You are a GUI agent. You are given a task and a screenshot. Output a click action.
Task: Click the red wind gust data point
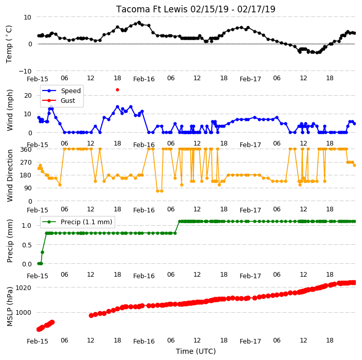pos(118,90)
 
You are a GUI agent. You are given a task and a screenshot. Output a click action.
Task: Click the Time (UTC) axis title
pos(196,351)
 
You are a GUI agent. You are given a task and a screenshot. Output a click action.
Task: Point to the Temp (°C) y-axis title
pos(9,44)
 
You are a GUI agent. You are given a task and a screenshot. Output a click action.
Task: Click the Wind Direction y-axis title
pos(10,176)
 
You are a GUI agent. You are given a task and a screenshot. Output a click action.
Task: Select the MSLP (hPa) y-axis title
pos(10,307)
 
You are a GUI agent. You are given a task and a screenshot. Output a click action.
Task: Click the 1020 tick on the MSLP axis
pos(23,287)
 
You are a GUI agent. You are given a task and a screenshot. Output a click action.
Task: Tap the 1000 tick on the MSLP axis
pos(23,313)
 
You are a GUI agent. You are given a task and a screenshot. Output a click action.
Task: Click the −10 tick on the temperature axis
pos(25,71)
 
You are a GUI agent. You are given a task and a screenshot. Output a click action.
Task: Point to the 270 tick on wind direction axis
pos(26,163)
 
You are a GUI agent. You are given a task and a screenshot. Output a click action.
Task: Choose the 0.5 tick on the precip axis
pos(27,245)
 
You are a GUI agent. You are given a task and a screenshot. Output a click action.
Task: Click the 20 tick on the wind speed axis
pos(28,95)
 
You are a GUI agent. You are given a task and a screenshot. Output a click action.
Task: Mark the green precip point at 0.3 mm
pos(42,252)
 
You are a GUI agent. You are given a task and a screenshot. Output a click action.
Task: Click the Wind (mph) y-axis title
pos(10,111)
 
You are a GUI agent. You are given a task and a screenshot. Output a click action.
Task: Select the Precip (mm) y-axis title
pos(10,241)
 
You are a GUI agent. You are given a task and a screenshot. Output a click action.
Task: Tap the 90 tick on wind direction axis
pos(28,188)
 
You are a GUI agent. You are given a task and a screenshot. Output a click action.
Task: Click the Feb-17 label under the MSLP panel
pos(250,341)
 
